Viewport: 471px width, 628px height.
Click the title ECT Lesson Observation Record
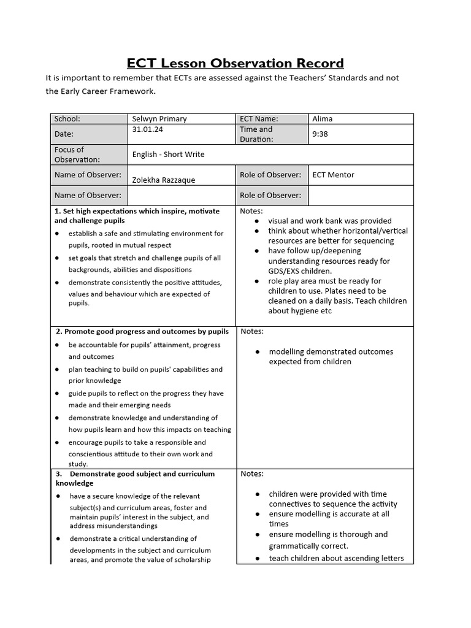pos(235,63)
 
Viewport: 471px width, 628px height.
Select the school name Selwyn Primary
pos(159,119)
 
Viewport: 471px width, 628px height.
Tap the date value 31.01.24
pos(147,130)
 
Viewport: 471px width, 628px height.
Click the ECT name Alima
pos(323,119)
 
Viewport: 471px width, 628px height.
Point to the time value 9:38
pos(320,134)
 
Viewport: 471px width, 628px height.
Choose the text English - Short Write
pos(168,155)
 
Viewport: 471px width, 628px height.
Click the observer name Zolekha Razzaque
pos(163,179)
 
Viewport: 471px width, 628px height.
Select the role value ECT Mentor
pos(333,175)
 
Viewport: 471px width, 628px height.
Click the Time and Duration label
pos(256,134)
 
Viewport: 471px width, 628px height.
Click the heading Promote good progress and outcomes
pos(142,331)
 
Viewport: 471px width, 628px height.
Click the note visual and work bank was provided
pos(329,221)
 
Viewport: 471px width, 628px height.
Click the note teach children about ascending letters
pos(336,558)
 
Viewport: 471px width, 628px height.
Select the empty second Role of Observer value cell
pos(361,196)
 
